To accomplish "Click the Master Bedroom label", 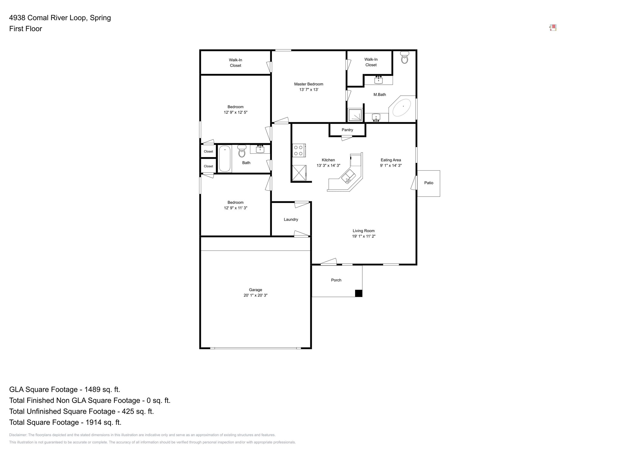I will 308,84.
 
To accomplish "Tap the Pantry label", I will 347,130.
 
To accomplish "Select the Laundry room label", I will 291,219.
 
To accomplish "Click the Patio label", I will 428,183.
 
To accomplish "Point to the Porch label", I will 336,280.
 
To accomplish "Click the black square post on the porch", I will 358,293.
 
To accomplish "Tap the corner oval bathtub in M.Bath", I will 401,107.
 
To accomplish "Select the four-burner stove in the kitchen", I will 299,150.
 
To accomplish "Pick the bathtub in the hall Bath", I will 225,159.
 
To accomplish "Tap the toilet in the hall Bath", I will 242,151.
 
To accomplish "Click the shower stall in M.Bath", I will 355,115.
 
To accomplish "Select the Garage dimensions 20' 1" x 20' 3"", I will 255,295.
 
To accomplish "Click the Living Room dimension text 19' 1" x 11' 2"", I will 364,236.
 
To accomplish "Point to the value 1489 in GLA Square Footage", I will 93,390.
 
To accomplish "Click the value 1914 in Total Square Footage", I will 94,422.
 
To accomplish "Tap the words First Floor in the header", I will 25,29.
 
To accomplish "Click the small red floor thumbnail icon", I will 553,28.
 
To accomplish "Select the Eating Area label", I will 391,160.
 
